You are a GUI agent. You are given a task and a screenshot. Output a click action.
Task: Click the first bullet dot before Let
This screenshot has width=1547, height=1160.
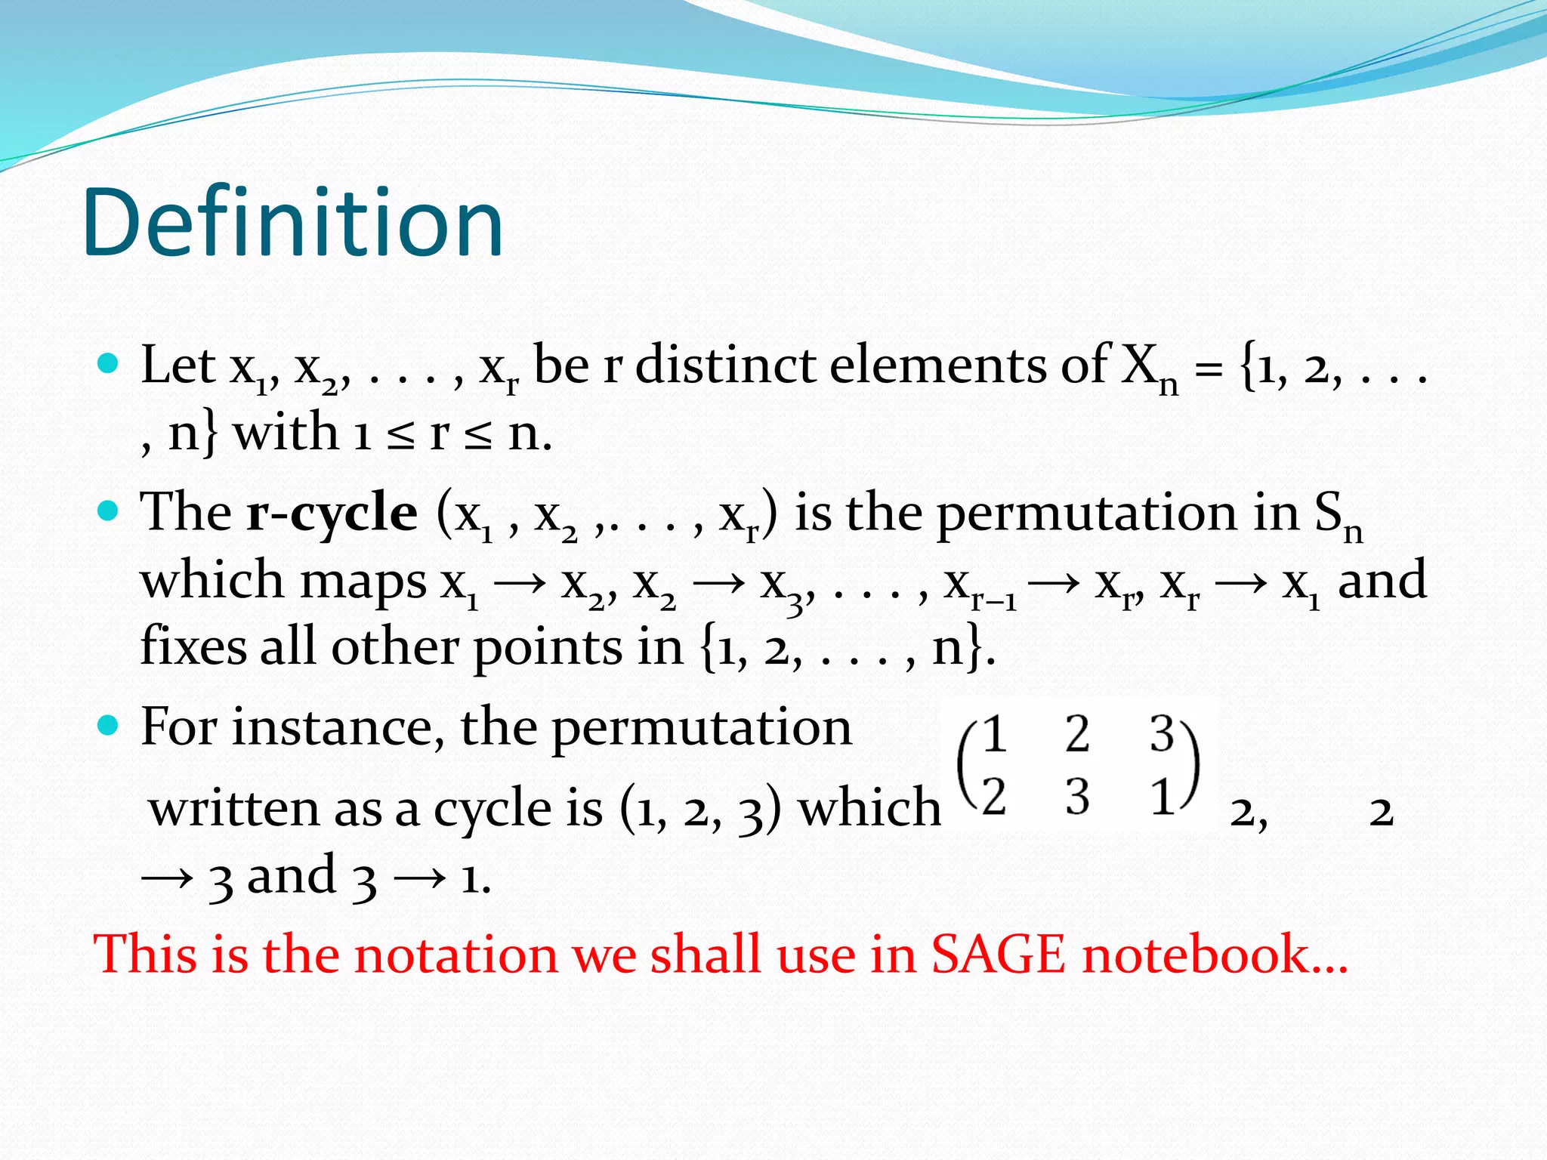[109, 364]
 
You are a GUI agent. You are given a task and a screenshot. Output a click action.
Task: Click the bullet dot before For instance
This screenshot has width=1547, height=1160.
[109, 726]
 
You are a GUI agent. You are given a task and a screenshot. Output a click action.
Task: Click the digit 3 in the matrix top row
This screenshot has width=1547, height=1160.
[1162, 734]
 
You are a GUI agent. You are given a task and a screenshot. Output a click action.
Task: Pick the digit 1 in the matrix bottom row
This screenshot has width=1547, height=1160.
[1162, 796]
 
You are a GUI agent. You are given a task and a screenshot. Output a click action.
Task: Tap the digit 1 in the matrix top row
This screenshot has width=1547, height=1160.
[994, 734]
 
